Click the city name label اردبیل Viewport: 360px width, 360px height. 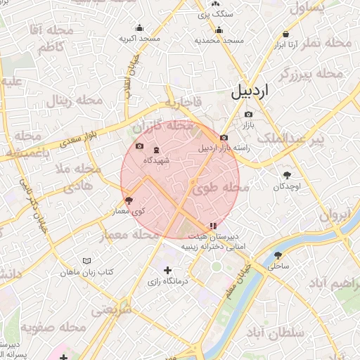click(x=250, y=91)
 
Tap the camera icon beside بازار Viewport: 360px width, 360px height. click(x=248, y=115)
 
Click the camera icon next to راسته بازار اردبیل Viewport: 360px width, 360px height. click(x=224, y=138)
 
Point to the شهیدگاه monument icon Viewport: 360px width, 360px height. click(x=156, y=150)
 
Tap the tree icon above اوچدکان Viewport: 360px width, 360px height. click(x=287, y=176)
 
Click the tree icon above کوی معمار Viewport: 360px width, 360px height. click(x=128, y=200)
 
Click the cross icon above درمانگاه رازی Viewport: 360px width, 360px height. click(x=167, y=270)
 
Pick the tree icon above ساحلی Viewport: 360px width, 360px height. click(x=278, y=256)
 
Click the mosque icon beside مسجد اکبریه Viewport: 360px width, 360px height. click(x=140, y=28)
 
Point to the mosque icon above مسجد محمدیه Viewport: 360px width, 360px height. click(x=219, y=30)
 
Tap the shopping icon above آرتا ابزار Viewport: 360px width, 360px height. click(x=285, y=34)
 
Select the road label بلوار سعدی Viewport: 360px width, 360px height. click(x=65, y=141)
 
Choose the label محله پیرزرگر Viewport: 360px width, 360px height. click(x=310, y=73)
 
